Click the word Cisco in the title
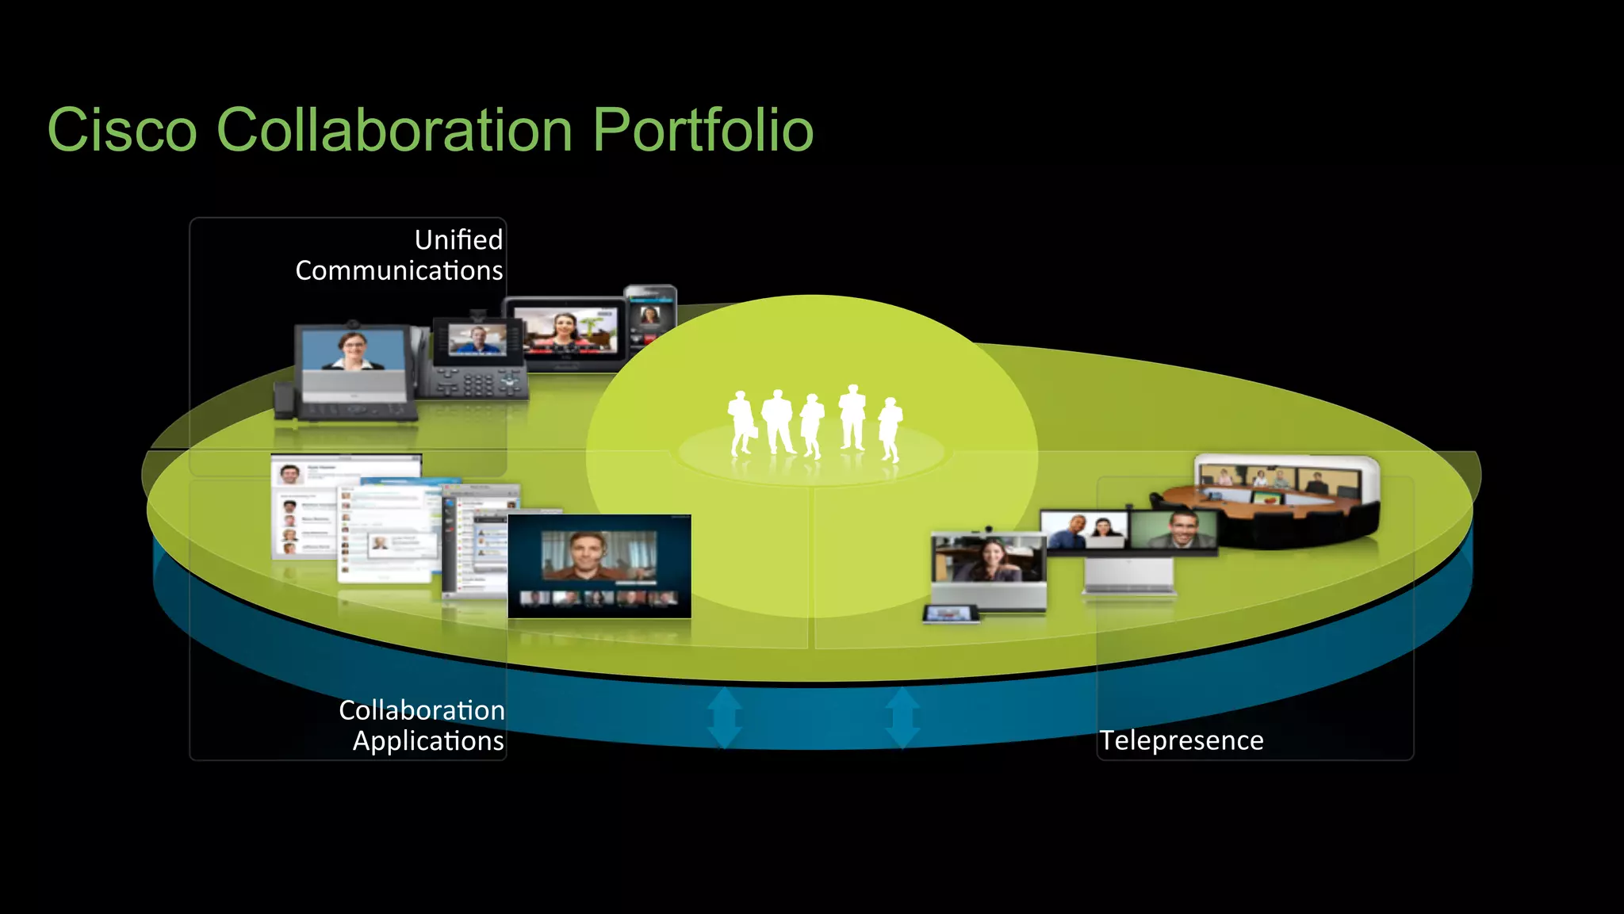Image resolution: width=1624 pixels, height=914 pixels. click(x=122, y=130)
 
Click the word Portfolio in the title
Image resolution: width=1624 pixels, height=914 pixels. click(x=703, y=130)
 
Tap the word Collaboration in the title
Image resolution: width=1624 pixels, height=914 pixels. click(x=394, y=130)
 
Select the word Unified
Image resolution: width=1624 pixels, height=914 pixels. click(x=458, y=239)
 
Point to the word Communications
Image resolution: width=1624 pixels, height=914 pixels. click(x=399, y=271)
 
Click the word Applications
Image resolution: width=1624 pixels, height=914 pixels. click(x=428, y=740)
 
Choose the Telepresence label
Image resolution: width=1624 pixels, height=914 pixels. click(x=1181, y=740)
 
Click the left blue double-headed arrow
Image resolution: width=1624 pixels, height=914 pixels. click(x=724, y=718)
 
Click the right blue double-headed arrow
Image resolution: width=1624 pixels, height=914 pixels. click(x=902, y=718)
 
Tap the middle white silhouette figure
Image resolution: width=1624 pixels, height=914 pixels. click(x=812, y=425)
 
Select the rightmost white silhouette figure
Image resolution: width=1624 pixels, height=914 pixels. click(x=891, y=428)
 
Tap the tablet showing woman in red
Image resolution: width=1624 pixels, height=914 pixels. click(x=565, y=332)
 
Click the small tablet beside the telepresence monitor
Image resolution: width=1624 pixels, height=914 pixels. click(x=950, y=614)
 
